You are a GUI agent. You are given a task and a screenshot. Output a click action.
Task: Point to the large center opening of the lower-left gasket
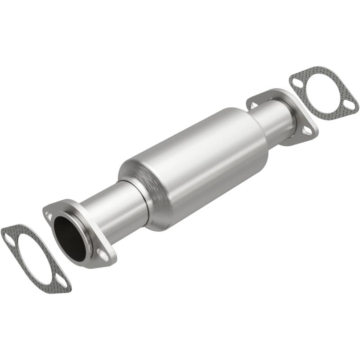click(34, 260)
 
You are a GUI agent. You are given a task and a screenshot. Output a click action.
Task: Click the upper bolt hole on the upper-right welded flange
click(253, 104)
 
